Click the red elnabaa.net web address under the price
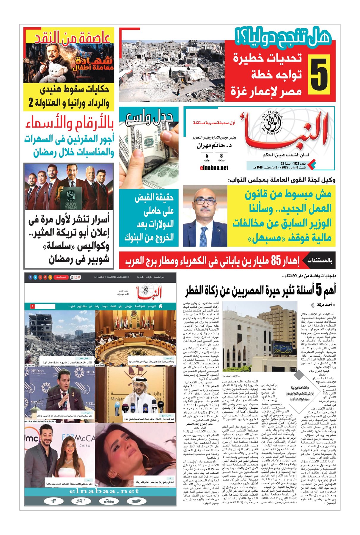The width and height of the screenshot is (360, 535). (214, 168)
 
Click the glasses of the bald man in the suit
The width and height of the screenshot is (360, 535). (205, 201)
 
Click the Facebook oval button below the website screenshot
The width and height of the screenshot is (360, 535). (54, 501)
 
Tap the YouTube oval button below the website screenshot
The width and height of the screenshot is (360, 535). (109, 501)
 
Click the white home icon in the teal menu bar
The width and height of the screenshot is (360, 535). (161, 306)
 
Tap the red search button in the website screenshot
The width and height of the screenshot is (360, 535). (32, 306)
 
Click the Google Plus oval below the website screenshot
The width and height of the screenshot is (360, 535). (81, 501)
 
